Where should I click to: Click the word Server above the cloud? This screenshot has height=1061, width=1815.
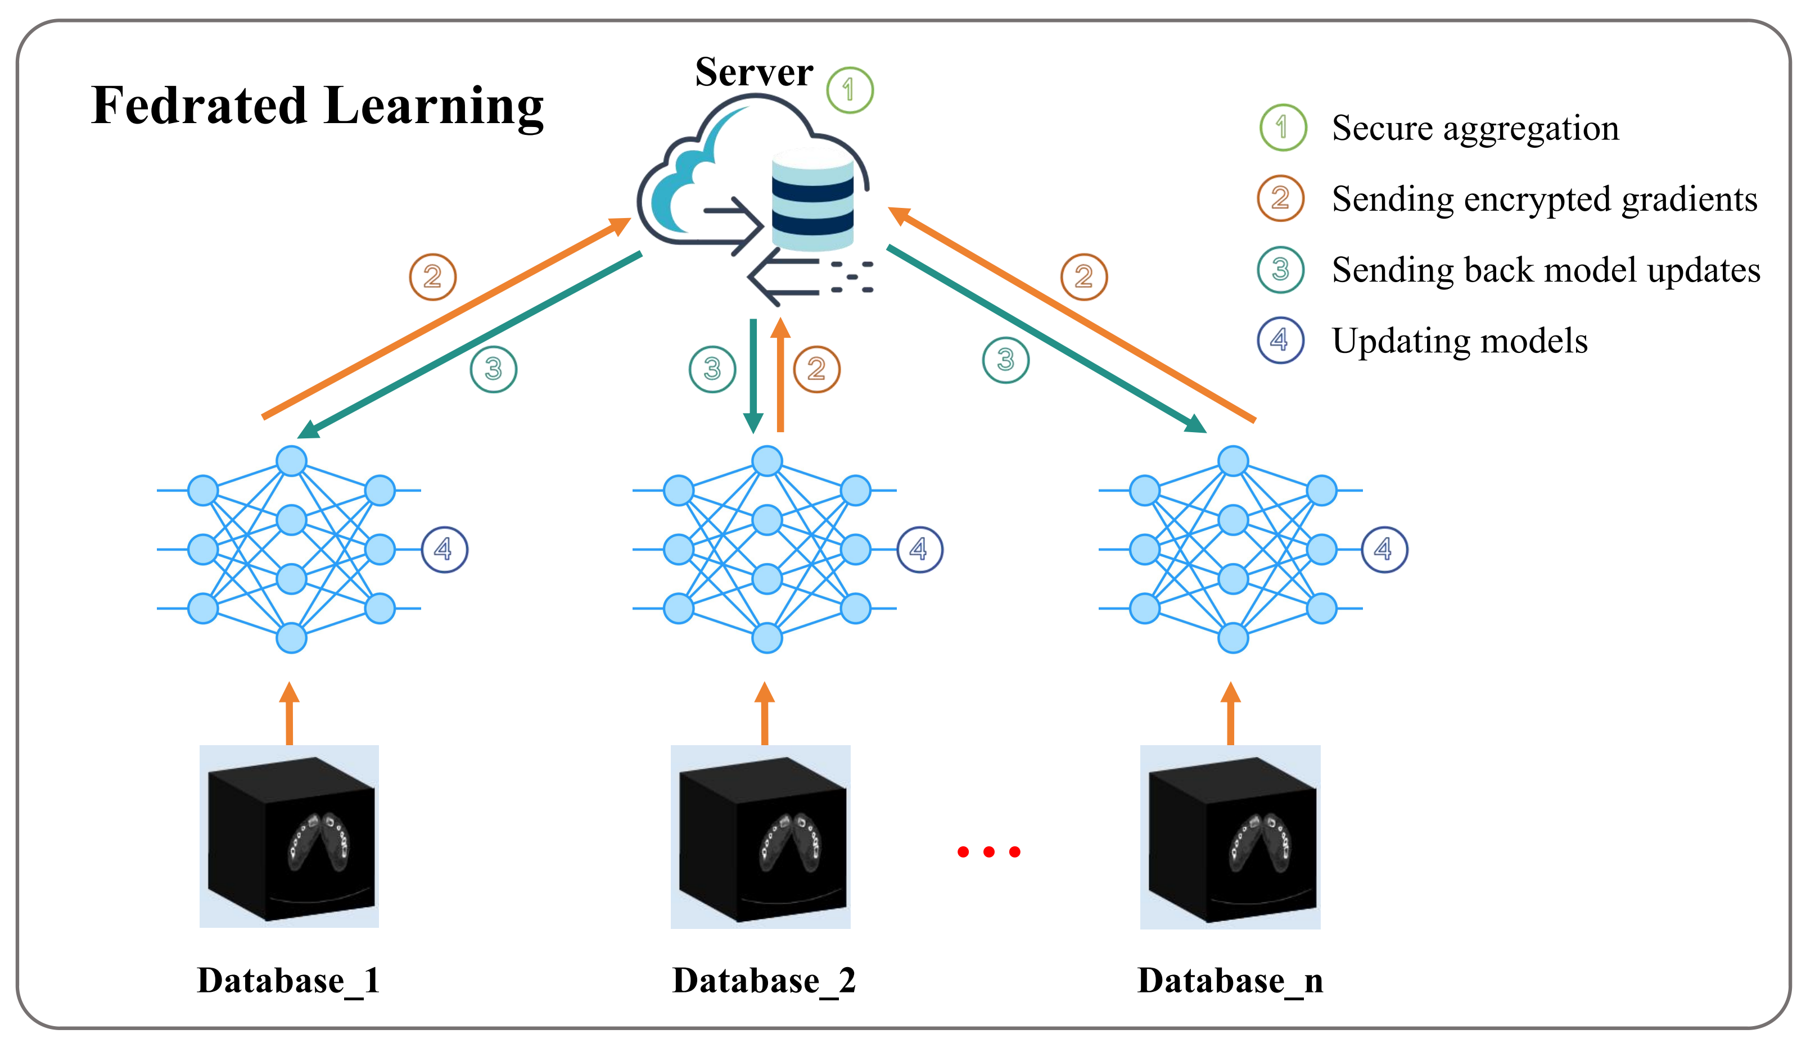753,72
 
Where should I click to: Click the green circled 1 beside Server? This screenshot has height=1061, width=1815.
850,90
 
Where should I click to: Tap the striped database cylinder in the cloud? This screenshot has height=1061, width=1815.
812,198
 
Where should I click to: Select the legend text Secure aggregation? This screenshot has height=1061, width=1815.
1475,129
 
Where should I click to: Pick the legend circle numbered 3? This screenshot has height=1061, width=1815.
1281,270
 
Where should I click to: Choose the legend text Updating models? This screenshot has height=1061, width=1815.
1459,341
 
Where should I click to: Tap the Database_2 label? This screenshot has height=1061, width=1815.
764,981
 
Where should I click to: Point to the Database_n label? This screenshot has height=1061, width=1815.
1230,981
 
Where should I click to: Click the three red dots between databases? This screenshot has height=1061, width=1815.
989,853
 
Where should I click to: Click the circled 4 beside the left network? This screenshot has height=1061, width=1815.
444,550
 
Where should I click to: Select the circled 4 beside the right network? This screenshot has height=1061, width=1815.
1384,550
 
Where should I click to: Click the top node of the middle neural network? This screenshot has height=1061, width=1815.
767,461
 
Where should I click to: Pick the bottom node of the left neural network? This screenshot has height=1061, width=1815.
292,638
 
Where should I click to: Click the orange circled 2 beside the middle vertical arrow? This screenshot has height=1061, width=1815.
817,369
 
